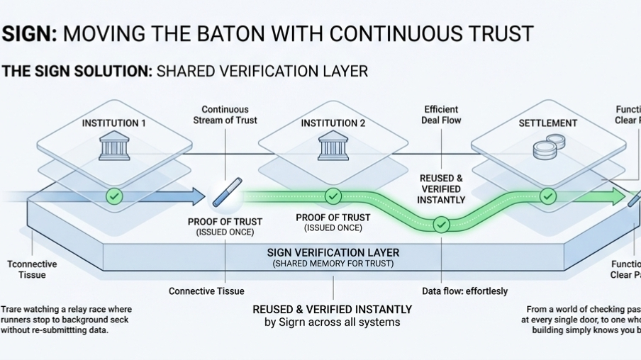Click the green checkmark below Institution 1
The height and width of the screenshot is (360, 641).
[x=114, y=196]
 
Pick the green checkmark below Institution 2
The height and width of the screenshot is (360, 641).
[x=333, y=196]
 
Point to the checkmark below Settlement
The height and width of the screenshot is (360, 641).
[x=548, y=196]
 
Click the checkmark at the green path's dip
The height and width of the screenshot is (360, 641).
[x=441, y=225]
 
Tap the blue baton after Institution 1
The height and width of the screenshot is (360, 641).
[x=227, y=192]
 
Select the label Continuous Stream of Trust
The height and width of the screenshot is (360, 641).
[x=225, y=115]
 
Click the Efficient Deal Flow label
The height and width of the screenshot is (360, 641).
[x=442, y=115]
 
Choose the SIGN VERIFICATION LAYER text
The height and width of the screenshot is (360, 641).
[x=333, y=253]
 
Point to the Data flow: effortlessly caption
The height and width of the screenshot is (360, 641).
[x=464, y=291]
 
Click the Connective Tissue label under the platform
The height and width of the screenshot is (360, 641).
[x=206, y=291]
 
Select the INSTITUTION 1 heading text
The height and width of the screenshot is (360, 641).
[x=114, y=123]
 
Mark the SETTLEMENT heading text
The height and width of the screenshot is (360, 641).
[x=547, y=123]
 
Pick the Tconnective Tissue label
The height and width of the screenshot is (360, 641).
[x=32, y=269]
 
